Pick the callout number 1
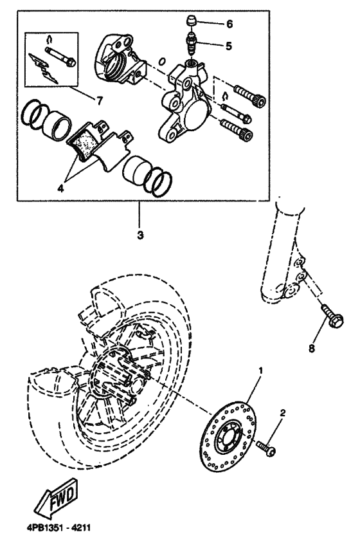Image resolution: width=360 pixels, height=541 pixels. pyautogui.click(x=260, y=371)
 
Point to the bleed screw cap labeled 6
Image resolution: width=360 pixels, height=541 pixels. pyautogui.click(x=190, y=22)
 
